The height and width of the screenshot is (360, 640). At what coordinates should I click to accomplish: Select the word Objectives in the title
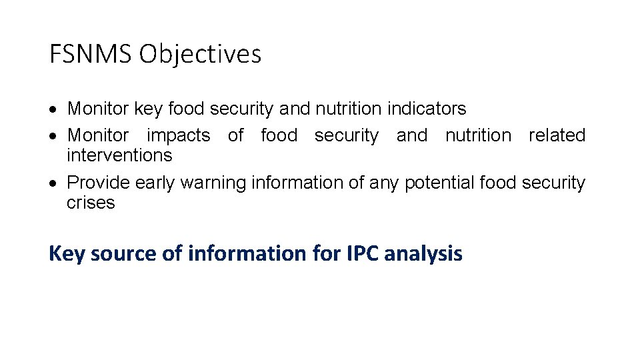tap(200, 54)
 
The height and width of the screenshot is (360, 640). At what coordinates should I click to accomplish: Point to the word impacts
tap(178, 135)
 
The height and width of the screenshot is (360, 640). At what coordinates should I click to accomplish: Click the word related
tap(557, 135)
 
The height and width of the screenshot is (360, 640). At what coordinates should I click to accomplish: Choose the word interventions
tap(119, 155)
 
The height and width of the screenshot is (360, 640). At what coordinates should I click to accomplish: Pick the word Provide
tap(99, 183)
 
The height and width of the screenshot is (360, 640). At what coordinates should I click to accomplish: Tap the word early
tap(155, 183)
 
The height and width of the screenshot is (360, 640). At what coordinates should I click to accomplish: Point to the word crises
tap(91, 203)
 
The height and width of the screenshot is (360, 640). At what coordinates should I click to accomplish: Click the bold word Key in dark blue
tap(66, 253)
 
